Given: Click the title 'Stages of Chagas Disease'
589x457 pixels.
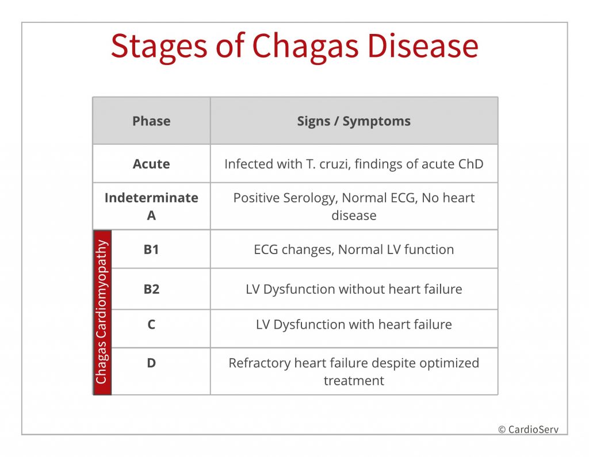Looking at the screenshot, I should coord(294,47).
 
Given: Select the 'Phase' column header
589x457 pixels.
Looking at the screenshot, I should coord(151,121).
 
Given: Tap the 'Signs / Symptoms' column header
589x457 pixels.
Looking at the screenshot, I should coord(354,121).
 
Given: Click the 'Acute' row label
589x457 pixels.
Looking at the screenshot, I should coord(151,164).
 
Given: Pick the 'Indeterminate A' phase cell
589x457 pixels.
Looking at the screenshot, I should coord(151,206).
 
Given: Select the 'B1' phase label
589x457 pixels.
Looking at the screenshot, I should coord(151,249).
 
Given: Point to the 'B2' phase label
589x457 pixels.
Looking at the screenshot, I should coord(151,289).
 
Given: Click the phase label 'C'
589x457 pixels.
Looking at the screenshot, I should coord(151,324).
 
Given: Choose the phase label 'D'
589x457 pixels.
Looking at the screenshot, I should coord(151,363).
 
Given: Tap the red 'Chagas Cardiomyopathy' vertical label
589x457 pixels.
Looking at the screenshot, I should coord(102,312).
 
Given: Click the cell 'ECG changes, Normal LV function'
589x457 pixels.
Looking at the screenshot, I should coord(354,249).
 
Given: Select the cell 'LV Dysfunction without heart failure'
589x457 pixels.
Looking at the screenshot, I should coord(354,289).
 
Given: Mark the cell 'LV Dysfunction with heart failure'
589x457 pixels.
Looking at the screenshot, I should coord(354,324).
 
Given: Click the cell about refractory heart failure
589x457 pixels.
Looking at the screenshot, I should coord(354,371).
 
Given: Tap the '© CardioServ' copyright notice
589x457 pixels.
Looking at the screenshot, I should coord(528,429).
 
